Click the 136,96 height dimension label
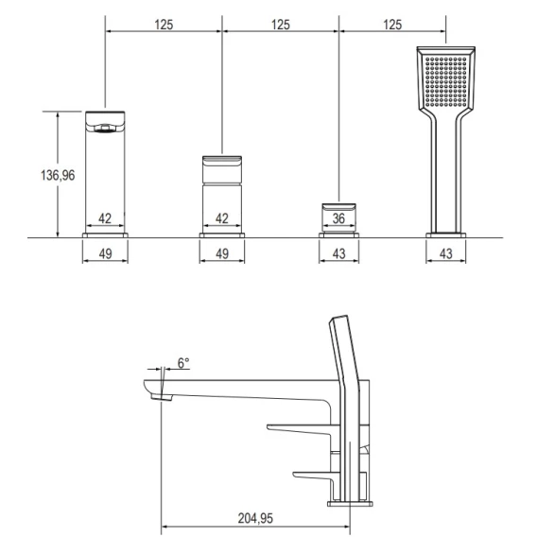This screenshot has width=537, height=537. [58, 175]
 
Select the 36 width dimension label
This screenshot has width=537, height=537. [338, 218]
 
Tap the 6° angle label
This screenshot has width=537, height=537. [183, 363]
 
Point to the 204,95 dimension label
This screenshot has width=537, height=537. [255, 518]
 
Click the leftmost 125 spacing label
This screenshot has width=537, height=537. [164, 25]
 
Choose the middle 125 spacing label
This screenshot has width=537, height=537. [281, 25]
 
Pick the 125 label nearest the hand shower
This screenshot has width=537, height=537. [392, 25]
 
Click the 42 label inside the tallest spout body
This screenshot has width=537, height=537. [105, 218]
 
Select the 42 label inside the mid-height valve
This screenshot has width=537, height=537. [222, 218]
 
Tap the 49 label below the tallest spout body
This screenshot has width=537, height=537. [105, 253]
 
